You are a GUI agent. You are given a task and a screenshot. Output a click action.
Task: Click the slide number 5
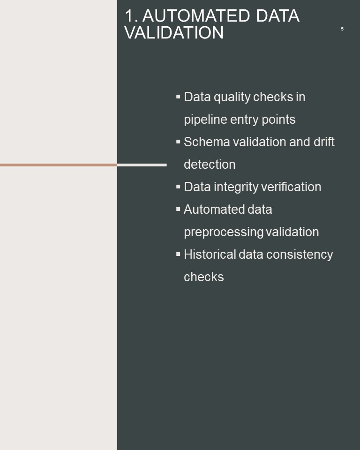pos(342,29)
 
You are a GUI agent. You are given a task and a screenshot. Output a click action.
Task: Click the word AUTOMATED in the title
pos(196,16)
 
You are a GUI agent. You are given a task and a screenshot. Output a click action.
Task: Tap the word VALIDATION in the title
pos(174,32)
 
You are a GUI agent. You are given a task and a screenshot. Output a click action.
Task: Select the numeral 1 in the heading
pos(129,16)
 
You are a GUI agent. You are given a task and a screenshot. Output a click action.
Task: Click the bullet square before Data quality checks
pos(178,97)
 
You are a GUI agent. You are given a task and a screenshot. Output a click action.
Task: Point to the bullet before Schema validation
pos(178,142)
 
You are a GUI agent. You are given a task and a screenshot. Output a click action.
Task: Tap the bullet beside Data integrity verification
pos(178,187)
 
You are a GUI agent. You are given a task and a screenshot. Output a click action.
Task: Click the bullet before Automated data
pos(178,209)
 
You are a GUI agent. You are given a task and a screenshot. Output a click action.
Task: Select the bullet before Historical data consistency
pos(178,254)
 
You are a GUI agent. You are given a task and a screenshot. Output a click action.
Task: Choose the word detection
pos(210,165)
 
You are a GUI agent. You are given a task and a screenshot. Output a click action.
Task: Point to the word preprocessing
pos(223,232)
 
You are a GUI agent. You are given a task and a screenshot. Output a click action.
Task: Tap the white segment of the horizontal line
pos(142,165)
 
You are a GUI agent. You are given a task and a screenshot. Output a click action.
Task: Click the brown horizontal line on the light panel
pos(59,165)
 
